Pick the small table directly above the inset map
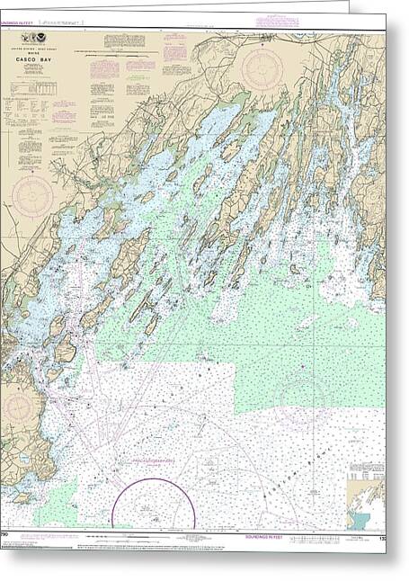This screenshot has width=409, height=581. [367, 474]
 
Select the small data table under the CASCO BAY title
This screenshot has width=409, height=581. [33, 94]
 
